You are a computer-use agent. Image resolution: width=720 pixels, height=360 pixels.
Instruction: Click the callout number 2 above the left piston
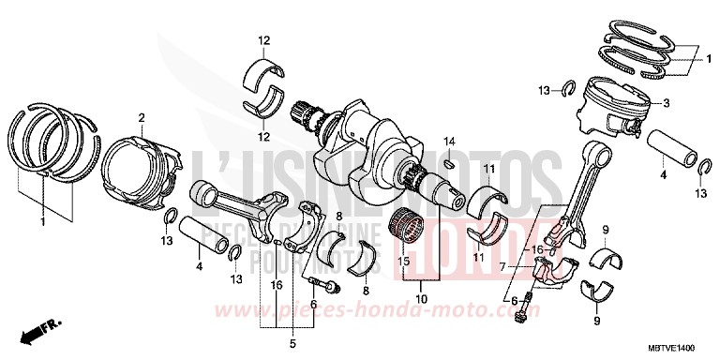(142, 118)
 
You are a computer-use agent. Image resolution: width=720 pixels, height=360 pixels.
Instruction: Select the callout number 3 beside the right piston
(666, 103)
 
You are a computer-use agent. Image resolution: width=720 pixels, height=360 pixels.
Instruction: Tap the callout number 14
(449, 141)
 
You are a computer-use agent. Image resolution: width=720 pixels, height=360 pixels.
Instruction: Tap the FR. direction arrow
(41, 332)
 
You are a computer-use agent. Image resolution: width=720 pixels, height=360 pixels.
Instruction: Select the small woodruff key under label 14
(447, 160)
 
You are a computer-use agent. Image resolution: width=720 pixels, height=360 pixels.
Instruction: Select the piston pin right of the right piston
(675, 146)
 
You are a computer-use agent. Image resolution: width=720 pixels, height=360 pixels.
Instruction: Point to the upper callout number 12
(264, 39)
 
